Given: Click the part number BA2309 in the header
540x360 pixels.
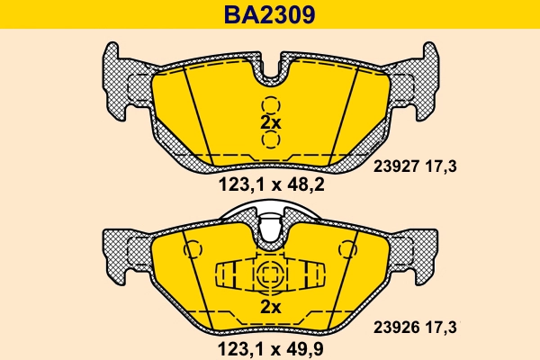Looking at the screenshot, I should [x=270, y=14].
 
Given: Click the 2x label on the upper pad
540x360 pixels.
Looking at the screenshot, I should [x=271, y=122].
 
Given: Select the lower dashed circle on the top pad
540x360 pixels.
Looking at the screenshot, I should [x=271, y=140].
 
